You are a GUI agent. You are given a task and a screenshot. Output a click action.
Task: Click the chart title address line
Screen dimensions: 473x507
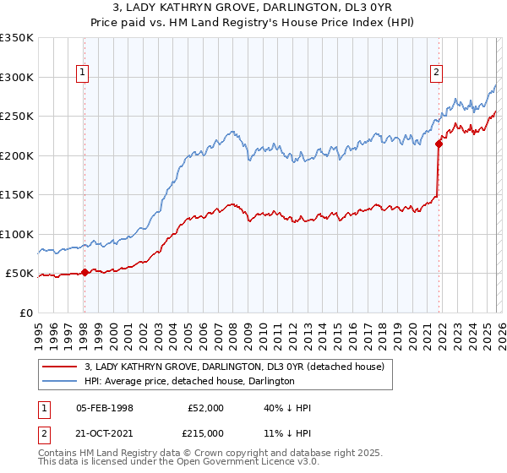pyautogui.click(x=253, y=7)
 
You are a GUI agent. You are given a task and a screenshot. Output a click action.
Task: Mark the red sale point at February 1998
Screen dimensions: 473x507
pyautogui.click(x=84, y=272)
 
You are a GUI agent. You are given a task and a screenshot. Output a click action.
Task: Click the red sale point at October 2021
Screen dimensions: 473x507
pyautogui.click(x=439, y=144)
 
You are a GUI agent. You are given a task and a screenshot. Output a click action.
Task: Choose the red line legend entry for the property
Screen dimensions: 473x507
pyautogui.click(x=234, y=367)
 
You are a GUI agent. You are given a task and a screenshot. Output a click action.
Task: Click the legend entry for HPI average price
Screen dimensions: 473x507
pyautogui.click(x=188, y=381)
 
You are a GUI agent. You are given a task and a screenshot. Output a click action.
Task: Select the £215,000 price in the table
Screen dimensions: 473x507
pyautogui.click(x=205, y=432)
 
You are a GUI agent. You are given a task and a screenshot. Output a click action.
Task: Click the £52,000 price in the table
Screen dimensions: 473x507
pyautogui.click(x=205, y=408)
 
